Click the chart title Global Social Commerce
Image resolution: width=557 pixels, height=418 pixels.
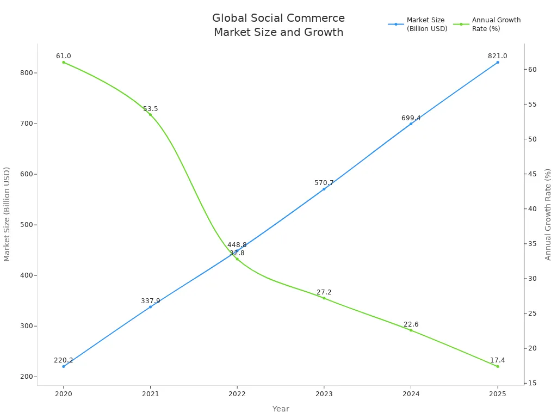pos(278,19)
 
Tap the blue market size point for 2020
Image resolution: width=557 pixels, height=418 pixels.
pos(64,366)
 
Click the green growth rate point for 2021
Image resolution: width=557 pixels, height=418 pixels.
pos(151,114)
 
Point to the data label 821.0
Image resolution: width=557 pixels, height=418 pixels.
pos(497,56)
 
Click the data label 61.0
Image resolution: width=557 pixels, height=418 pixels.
pos(64,56)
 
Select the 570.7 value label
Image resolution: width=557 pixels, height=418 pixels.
pos(324,183)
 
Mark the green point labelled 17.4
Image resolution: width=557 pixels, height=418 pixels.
pos(497,366)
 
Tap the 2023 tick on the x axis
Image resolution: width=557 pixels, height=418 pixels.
pos(324,394)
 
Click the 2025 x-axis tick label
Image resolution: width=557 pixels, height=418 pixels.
pos(497,394)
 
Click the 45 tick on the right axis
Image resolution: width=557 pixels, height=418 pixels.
pos(533,174)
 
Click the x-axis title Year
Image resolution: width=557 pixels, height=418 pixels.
pos(281,409)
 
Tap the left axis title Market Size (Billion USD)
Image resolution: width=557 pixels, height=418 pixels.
pos(7,214)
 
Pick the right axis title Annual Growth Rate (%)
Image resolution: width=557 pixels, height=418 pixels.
pos(548,214)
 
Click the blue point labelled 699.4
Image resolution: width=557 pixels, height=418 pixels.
pos(411,124)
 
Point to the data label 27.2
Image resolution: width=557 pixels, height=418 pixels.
pos(324,292)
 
